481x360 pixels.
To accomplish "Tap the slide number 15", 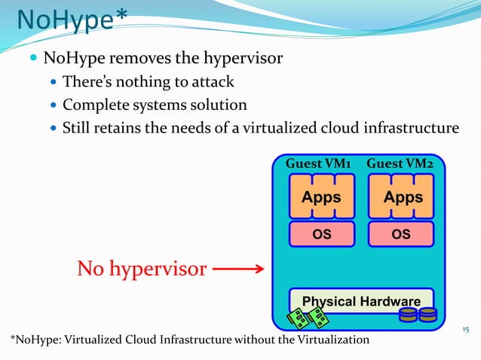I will coord(465,328).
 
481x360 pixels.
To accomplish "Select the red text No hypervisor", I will coord(141,269).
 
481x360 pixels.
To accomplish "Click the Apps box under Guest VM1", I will coord(322,197).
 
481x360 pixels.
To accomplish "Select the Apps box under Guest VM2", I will coord(403,197).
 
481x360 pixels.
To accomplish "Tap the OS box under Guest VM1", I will coord(322,233).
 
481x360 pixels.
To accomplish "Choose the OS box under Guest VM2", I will coord(402,233).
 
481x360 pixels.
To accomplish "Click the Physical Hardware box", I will coord(361,300).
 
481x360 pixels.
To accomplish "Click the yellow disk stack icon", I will coord(418,313).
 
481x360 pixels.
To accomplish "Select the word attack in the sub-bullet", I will coord(213,81).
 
